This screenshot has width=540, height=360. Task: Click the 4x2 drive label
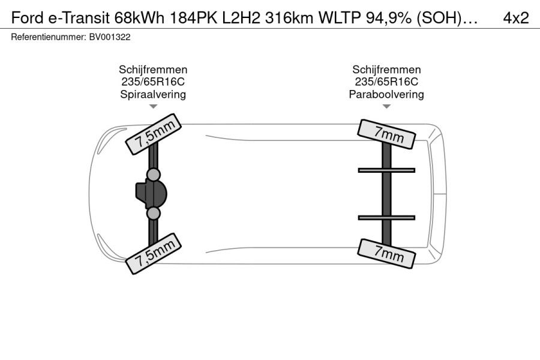[x=515, y=17]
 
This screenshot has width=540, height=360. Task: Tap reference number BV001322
[x=110, y=37]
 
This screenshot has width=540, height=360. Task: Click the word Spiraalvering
[x=153, y=94]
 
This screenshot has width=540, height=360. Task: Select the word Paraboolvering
[x=386, y=94]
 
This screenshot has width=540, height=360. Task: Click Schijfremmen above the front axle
[x=153, y=70]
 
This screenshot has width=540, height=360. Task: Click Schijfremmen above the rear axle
[x=386, y=70]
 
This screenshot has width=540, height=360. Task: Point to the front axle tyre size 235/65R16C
[x=153, y=82]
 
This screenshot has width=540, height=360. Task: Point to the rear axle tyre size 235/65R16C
[x=386, y=82]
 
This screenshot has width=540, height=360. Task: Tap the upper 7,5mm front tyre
[x=153, y=134]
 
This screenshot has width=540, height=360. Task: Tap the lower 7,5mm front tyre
[x=153, y=254]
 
